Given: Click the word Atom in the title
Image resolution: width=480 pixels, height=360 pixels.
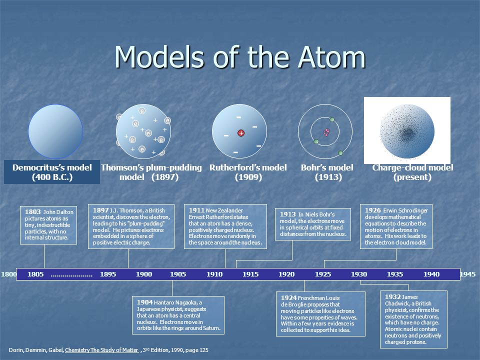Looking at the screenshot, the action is tap(331, 57).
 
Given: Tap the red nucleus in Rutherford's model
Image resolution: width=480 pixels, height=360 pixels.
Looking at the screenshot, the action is tap(241, 133).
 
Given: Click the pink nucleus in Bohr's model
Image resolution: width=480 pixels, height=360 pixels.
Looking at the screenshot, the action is tap(326, 132).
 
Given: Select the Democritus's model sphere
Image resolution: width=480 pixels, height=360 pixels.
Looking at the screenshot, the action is tap(55, 131).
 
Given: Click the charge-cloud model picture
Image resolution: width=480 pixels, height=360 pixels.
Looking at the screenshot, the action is tap(407, 130).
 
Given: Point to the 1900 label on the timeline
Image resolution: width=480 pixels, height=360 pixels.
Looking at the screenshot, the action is tap(144, 274).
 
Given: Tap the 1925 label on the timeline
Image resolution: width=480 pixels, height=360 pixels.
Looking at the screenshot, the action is tap(323, 274).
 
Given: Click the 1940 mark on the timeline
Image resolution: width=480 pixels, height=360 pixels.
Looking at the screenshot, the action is tap(431, 274).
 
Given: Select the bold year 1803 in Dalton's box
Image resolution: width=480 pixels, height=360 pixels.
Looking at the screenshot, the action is tap(33, 212).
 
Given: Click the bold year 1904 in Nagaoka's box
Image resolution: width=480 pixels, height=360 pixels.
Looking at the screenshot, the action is tap(145, 302).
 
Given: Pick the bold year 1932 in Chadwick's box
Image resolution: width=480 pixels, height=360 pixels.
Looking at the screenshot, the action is tap(393, 296).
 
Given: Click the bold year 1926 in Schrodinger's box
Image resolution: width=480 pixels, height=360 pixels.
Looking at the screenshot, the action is tap(373, 210).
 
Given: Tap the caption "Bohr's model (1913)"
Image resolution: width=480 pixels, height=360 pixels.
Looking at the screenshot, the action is tap(327, 172).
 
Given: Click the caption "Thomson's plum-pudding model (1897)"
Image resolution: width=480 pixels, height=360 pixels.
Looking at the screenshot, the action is tap(151, 172).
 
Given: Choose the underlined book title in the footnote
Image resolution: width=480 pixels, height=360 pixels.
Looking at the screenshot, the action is tap(101, 350).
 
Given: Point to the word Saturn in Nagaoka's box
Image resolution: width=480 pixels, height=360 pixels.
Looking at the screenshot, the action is tap(211, 328).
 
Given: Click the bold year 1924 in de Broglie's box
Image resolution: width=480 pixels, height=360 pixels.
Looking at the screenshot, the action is tap(289, 298).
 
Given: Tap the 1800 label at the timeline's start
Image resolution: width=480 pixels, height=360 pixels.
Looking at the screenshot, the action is tap(9, 274).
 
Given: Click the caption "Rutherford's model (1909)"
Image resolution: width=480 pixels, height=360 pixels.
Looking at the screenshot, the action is tap(248, 172).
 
